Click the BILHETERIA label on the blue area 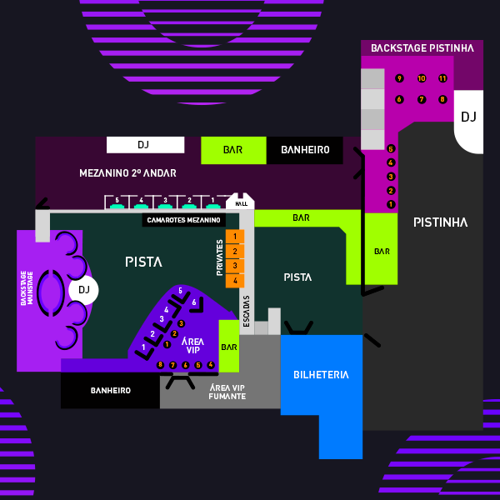(x=321, y=375)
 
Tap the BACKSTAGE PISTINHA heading (x=422, y=48)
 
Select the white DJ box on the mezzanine (x=144, y=145)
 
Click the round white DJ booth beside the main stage (x=83, y=290)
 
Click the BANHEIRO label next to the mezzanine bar (x=305, y=150)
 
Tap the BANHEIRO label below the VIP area (x=110, y=390)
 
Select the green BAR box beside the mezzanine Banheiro (x=233, y=150)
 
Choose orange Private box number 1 (x=235, y=237)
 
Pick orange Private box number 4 (x=235, y=281)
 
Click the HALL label (x=242, y=203)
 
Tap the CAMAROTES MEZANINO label (x=183, y=220)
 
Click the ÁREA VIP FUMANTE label (x=227, y=392)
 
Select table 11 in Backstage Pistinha (x=442, y=78)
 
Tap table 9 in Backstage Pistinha (x=399, y=78)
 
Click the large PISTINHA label (x=440, y=222)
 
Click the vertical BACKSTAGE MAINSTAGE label (x=27, y=287)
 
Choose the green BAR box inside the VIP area (x=229, y=347)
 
